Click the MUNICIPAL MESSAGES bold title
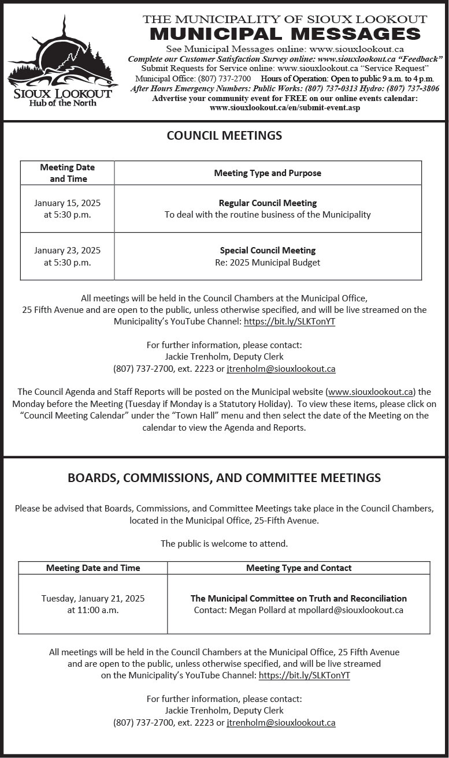[x=285, y=33]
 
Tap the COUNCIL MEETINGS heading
[x=224, y=136]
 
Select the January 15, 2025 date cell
[x=67, y=209]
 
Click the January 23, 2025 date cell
[x=67, y=256]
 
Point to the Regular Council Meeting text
[x=268, y=203]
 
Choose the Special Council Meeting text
[x=268, y=251]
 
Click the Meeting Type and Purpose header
[x=268, y=173]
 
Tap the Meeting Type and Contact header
[x=299, y=568]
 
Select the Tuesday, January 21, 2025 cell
[x=93, y=604]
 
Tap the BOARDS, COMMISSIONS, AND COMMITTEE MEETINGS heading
[x=224, y=478]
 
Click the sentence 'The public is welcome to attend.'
[x=224, y=543]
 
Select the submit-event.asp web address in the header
[x=285, y=108]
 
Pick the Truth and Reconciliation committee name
[x=299, y=599]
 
